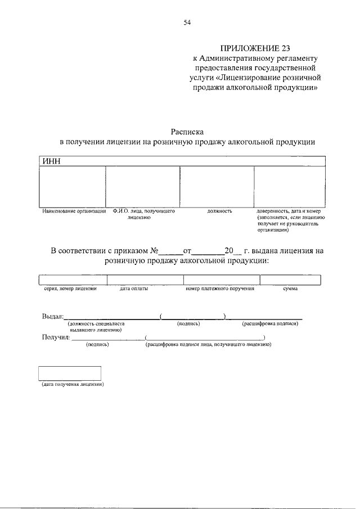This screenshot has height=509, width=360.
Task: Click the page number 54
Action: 187,22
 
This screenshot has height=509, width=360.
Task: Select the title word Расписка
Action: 187,130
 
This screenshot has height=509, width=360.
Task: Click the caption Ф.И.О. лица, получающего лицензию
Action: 143,214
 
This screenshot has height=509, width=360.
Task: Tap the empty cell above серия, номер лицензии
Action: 73,280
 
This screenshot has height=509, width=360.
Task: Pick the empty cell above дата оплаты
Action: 145,280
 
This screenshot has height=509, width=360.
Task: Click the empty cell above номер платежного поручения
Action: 222,280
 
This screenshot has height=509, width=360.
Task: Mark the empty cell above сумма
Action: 290,280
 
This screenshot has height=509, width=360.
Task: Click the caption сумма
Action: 290,289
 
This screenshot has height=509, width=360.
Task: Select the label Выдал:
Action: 53,317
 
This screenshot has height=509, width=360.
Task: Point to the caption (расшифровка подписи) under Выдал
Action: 270,324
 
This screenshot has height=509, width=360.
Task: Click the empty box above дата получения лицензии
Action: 69,373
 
